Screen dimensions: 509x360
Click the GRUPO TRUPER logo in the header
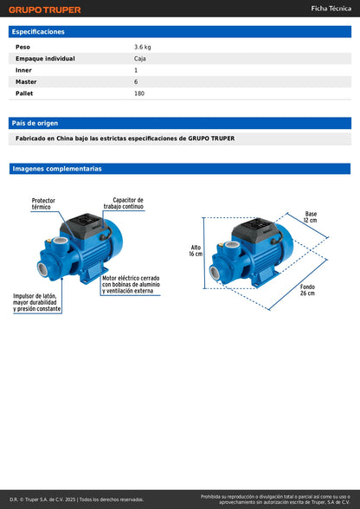pyautogui.click(x=45, y=10)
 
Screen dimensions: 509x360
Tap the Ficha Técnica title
pyautogui.click(x=331, y=9)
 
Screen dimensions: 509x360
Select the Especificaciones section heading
pyautogui.click(x=39, y=31)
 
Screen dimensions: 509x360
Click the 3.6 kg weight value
pyautogui.click(x=143, y=47)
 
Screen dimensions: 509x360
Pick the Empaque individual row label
pyautogui.click(x=45, y=58)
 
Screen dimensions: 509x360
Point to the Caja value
pyautogui.click(x=141, y=58)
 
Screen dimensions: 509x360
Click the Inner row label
pyautogui.click(x=23, y=70)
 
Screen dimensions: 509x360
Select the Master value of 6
pyautogui.click(x=136, y=81)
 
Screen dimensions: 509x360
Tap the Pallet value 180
pyautogui.click(x=139, y=93)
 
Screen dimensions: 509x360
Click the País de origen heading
pyautogui.click(x=35, y=123)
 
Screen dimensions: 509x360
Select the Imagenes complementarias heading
pyautogui.click(x=56, y=169)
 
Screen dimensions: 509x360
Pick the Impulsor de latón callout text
pyautogui.click(x=37, y=302)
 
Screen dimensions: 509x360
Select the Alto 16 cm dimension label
pyautogui.click(x=196, y=250)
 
